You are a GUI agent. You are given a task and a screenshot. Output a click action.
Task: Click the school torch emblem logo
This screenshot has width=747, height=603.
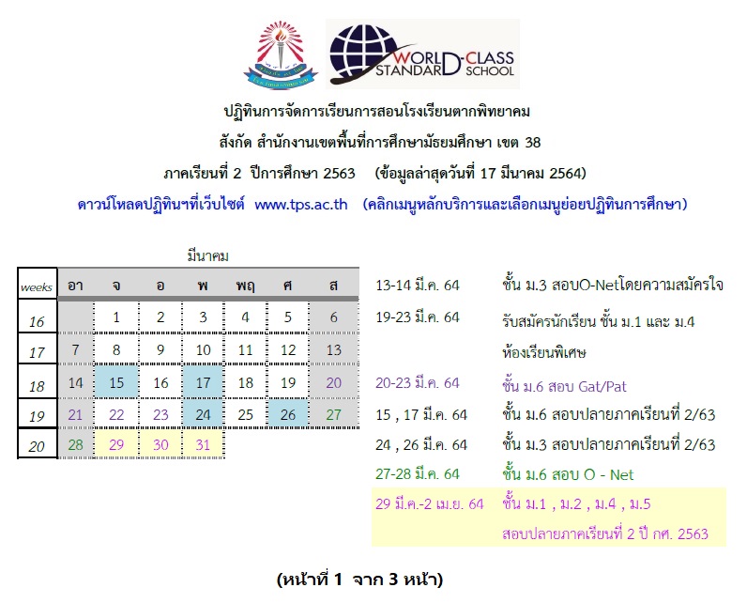[x=281, y=54]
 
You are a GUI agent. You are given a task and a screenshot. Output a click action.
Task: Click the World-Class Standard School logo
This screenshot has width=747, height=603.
[x=422, y=54]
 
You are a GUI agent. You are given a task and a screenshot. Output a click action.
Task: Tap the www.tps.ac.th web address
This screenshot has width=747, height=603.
[x=301, y=205]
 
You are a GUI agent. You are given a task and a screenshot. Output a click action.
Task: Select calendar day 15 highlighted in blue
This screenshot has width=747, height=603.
[x=116, y=382]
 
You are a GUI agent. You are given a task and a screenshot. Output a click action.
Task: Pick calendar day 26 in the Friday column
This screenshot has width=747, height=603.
[x=288, y=415]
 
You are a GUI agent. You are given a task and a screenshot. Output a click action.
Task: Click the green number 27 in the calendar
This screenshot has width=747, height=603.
[x=333, y=415]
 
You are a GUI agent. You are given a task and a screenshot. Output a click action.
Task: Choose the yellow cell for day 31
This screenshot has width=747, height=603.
[x=203, y=444]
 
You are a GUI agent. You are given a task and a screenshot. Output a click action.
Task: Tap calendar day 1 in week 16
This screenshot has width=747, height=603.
[x=116, y=317]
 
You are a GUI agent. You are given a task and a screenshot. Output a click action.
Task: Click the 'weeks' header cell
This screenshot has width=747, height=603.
[x=37, y=284]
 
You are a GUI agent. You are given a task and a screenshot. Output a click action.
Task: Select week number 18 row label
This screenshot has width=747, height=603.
[x=37, y=385]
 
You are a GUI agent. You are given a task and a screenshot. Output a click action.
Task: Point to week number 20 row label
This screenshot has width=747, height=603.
[x=37, y=446]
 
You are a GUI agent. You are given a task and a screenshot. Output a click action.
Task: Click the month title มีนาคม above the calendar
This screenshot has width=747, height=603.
[x=207, y=256]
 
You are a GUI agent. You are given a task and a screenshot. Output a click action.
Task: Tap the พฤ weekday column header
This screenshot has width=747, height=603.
[x=245, y=285]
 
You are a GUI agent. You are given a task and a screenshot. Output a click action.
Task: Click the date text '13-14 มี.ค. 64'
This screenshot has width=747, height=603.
[x=418, y=285]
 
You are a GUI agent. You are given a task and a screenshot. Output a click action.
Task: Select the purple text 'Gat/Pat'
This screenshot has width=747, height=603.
[x=602, y=386]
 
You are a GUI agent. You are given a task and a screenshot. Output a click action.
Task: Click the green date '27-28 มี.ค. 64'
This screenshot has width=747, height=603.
[x=418, y=473]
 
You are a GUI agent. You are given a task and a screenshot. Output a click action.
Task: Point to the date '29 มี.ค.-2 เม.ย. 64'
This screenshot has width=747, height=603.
[x=429, y=503]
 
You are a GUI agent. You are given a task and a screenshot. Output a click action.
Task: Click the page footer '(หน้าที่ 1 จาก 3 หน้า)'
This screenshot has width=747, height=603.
[x=359, y=580]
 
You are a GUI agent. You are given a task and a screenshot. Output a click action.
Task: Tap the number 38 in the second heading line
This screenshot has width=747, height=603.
[x=533, y=142]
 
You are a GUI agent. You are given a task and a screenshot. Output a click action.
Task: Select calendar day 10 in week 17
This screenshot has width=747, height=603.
[x=203, y=350]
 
